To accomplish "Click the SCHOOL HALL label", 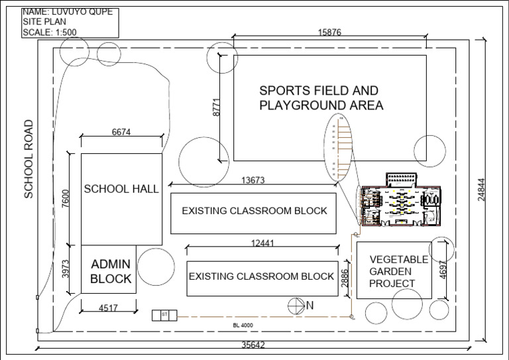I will (121, 189).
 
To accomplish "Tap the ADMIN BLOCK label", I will (111, 270).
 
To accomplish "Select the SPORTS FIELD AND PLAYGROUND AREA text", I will (321, 98).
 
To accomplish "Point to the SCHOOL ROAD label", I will (28, 159).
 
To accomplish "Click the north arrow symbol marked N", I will (296, 305).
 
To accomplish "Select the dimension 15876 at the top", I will (329, 32).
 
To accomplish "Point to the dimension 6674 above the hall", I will (121, 132).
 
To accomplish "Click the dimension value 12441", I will (261, 243).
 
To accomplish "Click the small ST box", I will (164, 316).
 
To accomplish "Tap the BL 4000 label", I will (243, 325).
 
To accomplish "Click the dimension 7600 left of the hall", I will (65, 199).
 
